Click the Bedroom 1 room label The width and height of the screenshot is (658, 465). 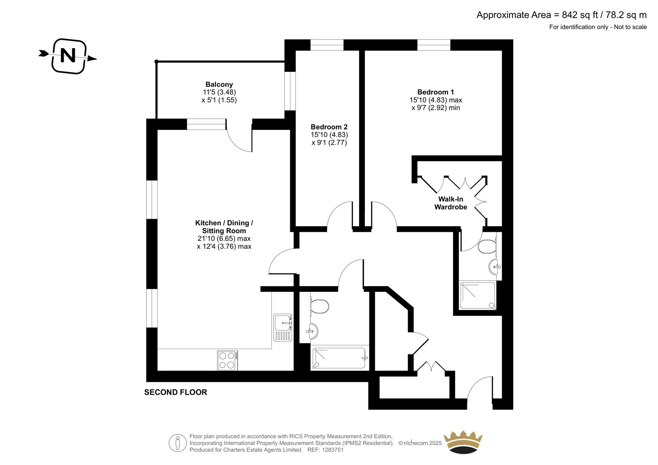click(x=436, y=92)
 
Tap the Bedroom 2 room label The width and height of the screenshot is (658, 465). click(x=329, y=127)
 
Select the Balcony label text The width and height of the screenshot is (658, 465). click(x=219, y=85)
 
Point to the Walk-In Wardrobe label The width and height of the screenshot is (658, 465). click(x=451, y=203)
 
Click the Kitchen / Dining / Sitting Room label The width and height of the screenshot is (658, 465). click(x=224, y=227)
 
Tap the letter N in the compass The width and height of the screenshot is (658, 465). click(x=68, y=55)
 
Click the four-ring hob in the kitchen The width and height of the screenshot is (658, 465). click(x=227, y=360)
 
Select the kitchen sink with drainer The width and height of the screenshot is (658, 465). click(x=283, y=328)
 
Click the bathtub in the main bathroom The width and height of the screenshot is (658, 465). click(x=339, y=358)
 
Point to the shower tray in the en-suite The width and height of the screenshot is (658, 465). click(x=478, y=296)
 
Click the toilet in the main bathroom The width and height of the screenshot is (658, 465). click(x=319, y=306)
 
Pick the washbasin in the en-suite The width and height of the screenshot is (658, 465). click(x=495, y=267)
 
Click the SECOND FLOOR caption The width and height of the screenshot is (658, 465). click(x=176, y=392)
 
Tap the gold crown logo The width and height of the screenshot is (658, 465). click(x=463, y=442)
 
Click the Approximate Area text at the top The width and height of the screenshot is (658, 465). click(x=561, y=15)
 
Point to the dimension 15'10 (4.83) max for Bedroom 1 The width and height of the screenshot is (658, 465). click(x=436, y=100)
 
